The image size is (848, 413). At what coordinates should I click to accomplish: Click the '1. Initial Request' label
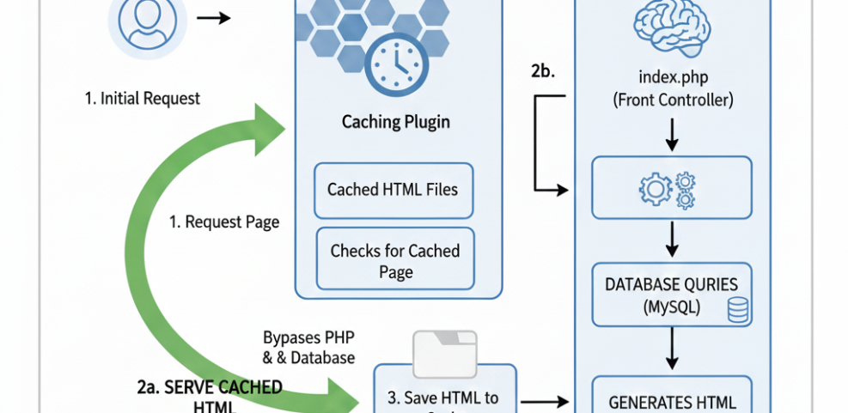click(x=142, y=98)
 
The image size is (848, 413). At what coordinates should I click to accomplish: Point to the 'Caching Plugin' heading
click(x=395, y=122)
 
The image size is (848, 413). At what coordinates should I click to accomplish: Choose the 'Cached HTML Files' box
click(x=393, y=189)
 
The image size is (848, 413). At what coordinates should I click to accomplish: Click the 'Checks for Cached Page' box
click(x=395, y=261)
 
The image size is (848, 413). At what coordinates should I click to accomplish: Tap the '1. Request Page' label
click(x=223, y=222)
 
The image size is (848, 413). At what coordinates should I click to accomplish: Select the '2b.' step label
click(x=542, y=71)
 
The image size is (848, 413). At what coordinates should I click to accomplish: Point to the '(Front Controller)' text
click(x=673, y=100)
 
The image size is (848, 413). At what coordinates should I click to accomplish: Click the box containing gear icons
click(x=673, y=188)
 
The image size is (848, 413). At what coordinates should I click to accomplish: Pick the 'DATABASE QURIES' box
click(x=673, y=295)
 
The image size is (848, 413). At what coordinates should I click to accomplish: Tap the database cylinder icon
click(x=737, y=310)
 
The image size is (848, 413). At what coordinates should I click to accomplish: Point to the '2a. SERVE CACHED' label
click(x=210, y=387)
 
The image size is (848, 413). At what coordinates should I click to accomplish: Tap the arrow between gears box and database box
click(x=673, y=241)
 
